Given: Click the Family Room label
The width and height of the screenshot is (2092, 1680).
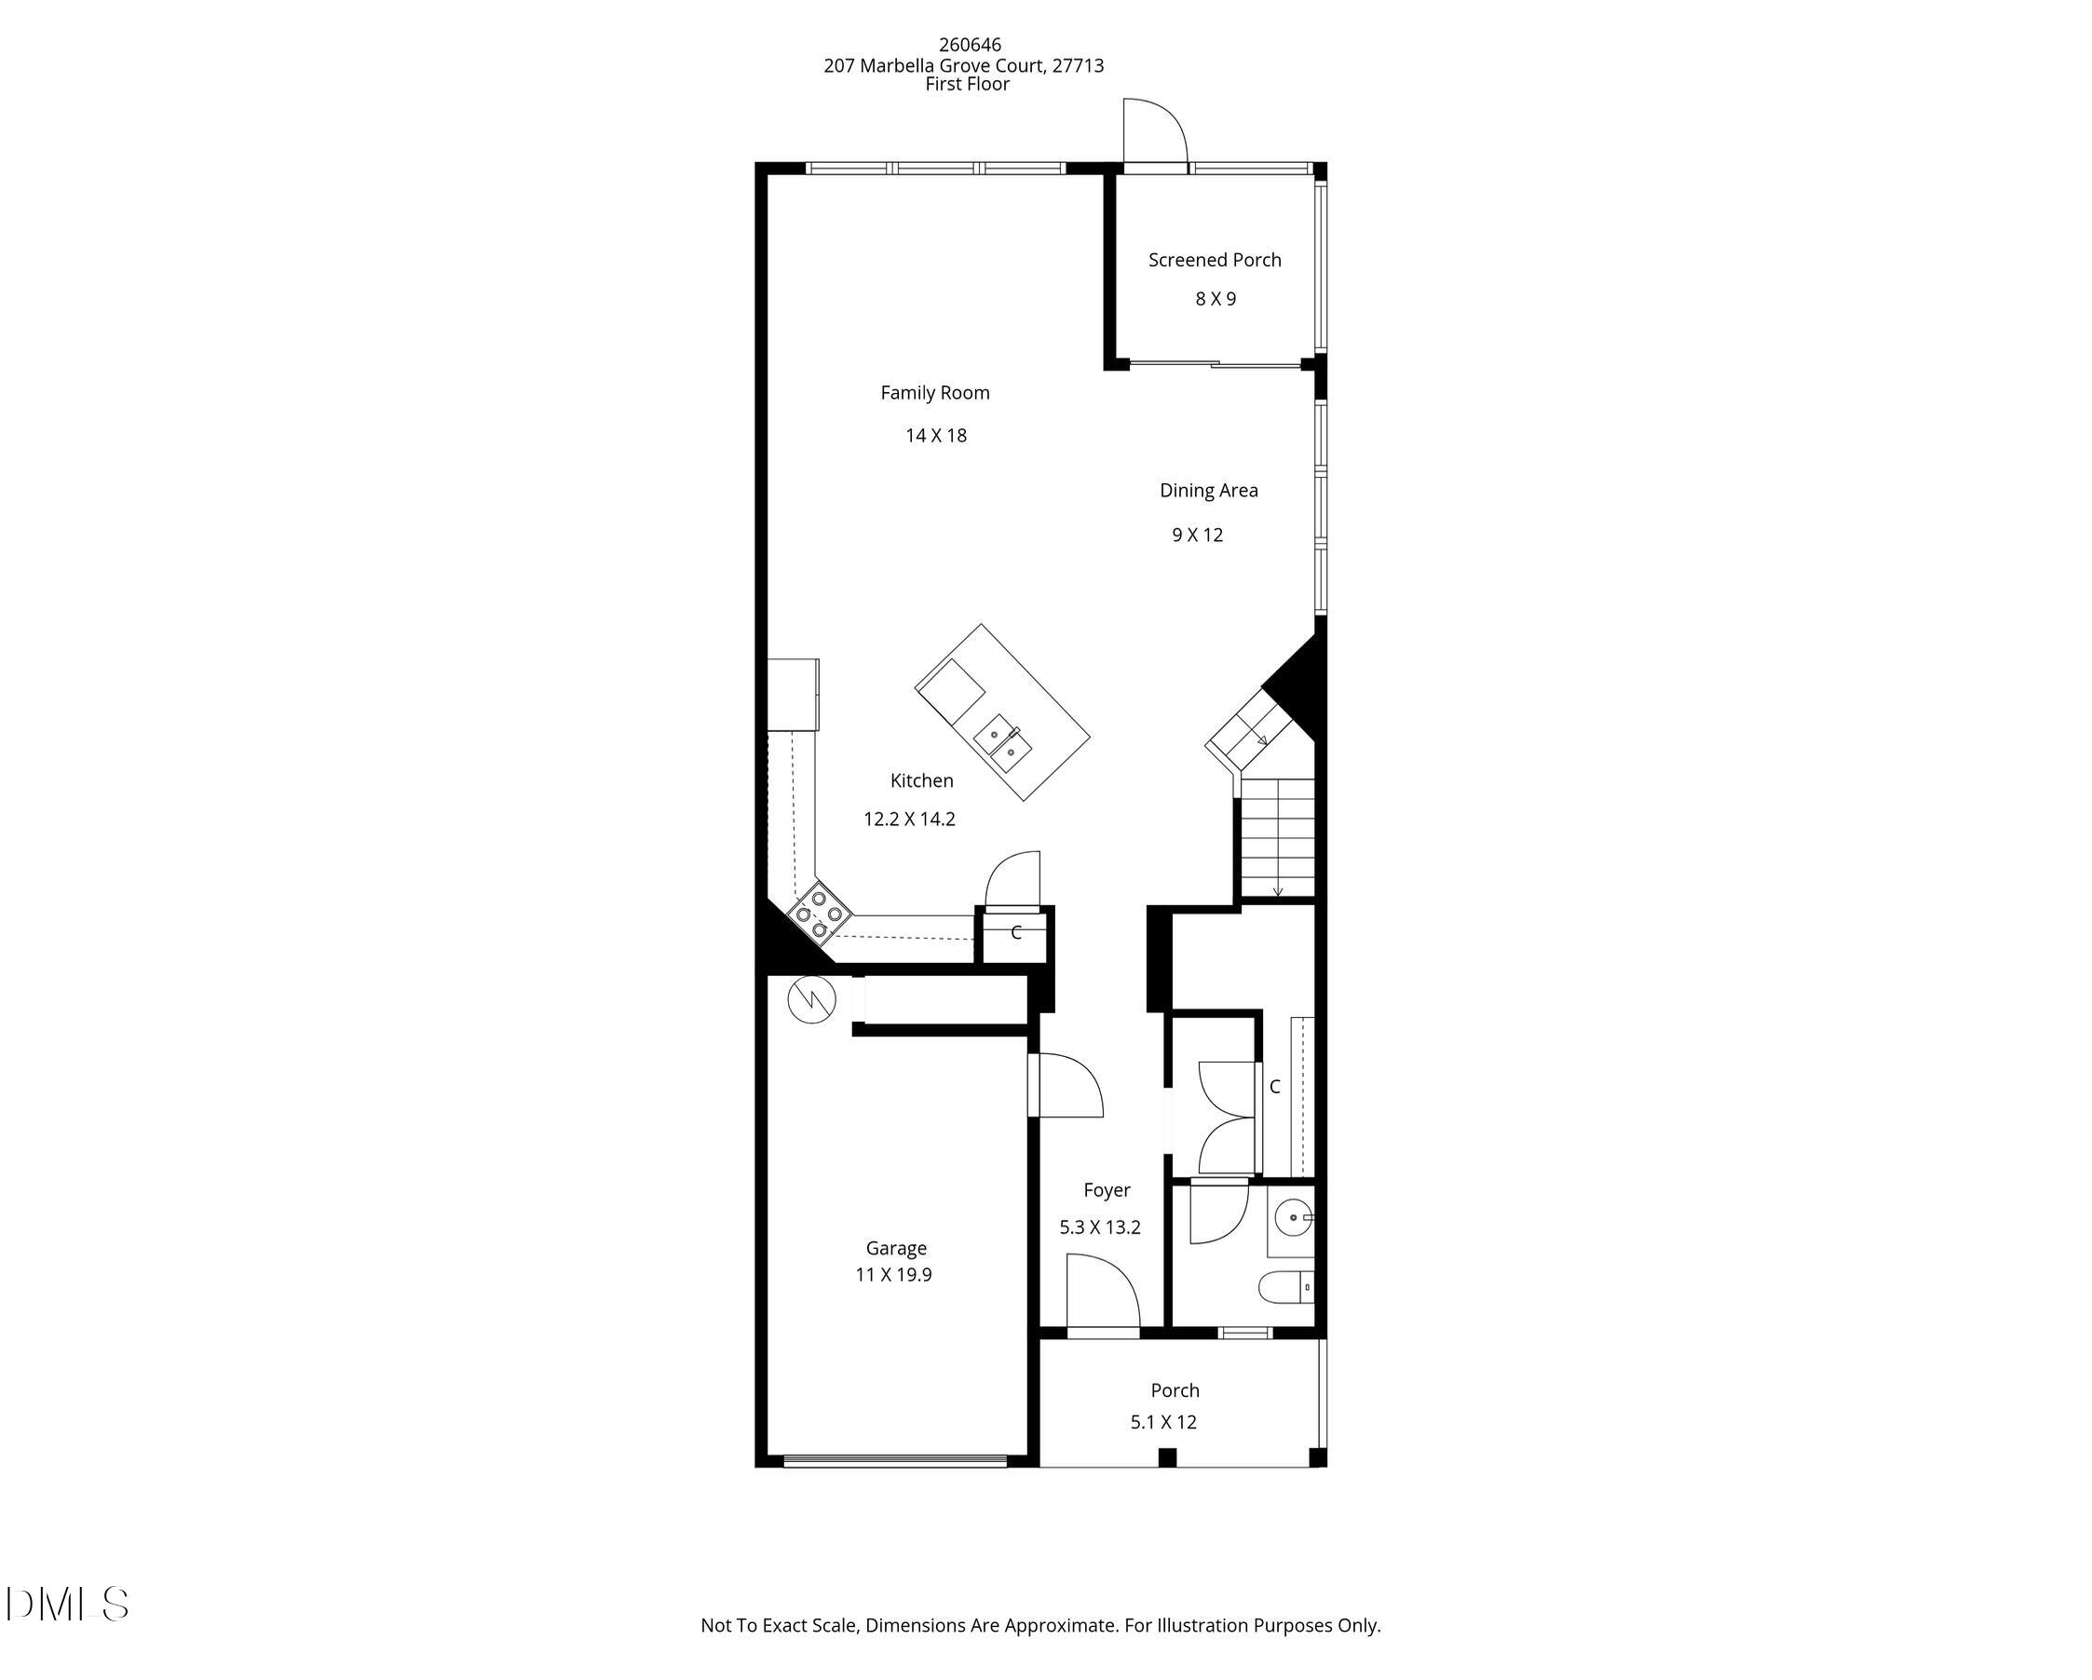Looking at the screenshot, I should [934, 393].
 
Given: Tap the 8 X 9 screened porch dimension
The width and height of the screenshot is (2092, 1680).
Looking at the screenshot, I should [1215, 299].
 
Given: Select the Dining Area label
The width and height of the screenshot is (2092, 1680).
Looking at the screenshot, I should [1208, 491].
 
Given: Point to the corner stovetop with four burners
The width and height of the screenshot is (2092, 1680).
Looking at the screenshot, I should [819, 914].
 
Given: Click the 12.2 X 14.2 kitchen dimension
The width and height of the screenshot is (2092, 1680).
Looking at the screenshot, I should [909, 819].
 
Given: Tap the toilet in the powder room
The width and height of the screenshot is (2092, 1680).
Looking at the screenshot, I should [1285, 1288].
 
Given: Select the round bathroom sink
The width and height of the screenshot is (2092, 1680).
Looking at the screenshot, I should [1293, 1217].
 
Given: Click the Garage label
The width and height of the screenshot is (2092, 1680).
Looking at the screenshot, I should [896, 1249].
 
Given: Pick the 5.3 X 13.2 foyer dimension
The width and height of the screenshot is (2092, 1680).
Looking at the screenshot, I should [1099, 1227].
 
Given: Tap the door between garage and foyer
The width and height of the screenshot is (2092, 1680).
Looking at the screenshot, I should [1067, 1087].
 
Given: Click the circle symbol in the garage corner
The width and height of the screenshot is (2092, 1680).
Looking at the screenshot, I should [811, 1000].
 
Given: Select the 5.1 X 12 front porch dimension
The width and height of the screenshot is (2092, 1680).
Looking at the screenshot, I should [1163, 1422].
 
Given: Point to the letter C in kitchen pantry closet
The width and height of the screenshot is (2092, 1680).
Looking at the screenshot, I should [1016, 933].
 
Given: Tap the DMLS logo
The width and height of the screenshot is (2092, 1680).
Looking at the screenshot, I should [66, 1605].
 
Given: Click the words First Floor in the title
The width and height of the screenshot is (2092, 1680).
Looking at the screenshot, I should [967, 85].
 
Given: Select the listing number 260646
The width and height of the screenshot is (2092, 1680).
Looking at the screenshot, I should [970, 45].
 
